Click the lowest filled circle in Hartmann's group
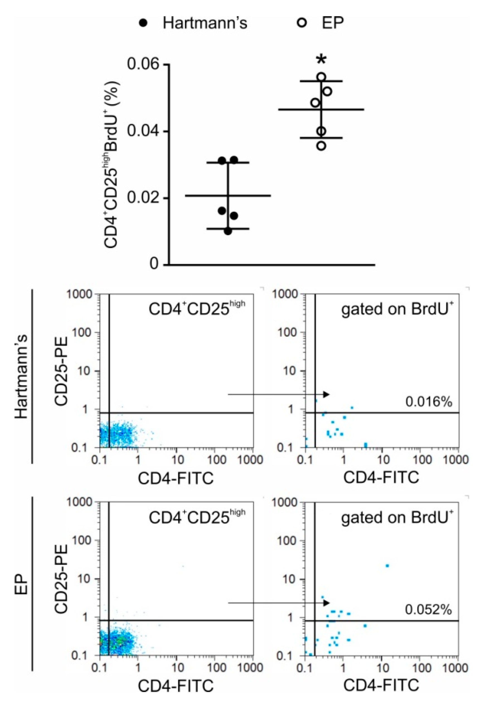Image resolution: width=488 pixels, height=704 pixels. tap(228, 231)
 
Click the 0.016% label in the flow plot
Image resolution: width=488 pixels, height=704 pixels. tap(428, 402)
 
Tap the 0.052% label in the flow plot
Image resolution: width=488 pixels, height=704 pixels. tap(428, 610)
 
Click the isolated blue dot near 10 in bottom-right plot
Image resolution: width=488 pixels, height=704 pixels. tap(387, 566)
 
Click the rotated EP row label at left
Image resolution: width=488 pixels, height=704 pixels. tap(21, 586)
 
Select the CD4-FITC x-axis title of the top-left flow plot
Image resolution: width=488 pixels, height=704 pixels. tap(176, 479)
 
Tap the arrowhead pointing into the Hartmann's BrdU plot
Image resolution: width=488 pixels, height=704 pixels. tap(327, 394)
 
